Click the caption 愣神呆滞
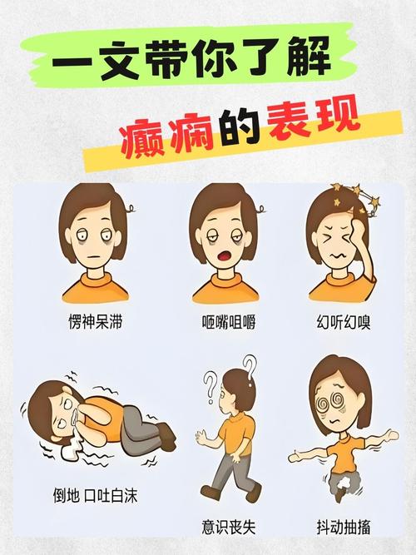click(x=95, y=322)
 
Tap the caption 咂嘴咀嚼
click(x=229, y=322)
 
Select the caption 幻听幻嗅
click(x=344, y=322)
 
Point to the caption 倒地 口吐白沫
click(x=95, y=496)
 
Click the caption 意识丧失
click(x=229, y=527)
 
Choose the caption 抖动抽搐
click(x=344, y=527)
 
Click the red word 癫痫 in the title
click(x=166, y=137)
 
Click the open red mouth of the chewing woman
click(x=224, y=256)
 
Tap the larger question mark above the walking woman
click(x=250, y=370)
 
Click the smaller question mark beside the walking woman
click(x=210, y=387)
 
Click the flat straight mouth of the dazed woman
click(x=92, y=256)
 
